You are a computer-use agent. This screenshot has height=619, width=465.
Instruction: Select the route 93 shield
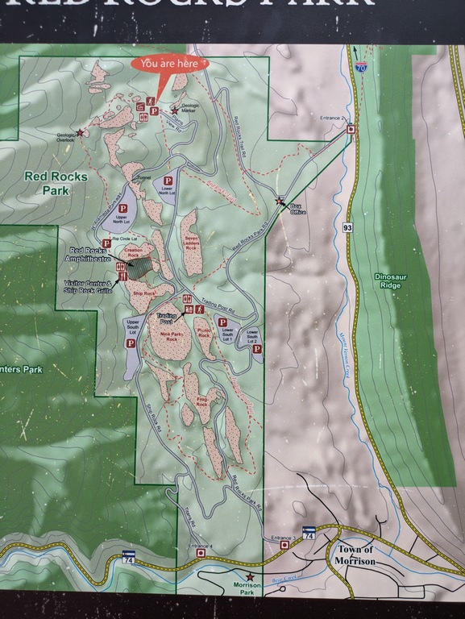tap(347, 227)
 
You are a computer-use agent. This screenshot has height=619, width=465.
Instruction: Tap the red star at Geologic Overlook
tap(80, 132)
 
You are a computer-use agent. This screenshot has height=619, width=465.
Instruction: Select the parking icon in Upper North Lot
tap(122, 208)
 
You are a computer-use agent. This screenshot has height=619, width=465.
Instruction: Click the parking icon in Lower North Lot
tap(168, 181)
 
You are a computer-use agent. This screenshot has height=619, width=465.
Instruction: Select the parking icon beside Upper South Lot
tap(130, 343)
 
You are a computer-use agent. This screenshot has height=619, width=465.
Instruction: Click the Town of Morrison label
tap(354, 556)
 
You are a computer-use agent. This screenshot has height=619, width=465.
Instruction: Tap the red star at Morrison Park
tap(251, 576)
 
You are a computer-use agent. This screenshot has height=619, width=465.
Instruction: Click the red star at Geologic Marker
tap(174, 110)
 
